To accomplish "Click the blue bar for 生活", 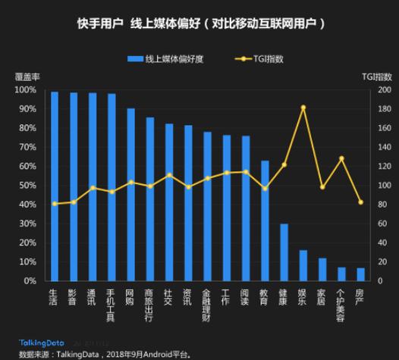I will pos(54,186).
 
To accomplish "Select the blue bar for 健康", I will pos(283,252).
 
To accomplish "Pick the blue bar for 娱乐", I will pos(303,265).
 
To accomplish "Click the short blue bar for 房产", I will pos(360,274).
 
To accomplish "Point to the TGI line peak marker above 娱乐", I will pos(303,108).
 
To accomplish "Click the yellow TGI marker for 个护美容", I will pos(341,158).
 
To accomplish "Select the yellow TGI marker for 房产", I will pos(360,202).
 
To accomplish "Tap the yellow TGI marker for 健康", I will pos(284,164).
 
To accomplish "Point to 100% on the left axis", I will pos(24,90).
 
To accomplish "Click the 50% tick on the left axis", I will pos(26,186).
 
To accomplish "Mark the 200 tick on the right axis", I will pos(383,90).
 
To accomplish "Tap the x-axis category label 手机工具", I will pos(112,305).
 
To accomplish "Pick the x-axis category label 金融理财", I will pos(207,305).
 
